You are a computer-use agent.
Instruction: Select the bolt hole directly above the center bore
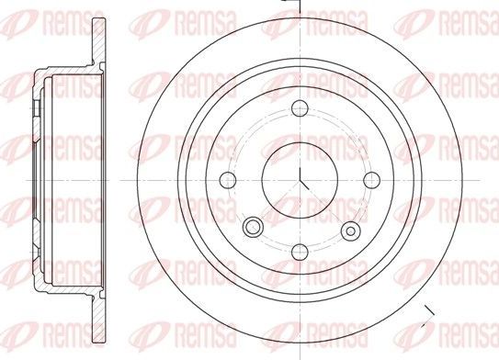pos(301,110)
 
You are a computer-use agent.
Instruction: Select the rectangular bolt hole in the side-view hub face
pos(33,111)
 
